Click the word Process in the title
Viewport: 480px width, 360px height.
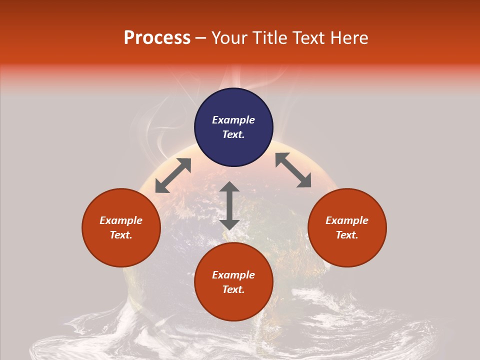[x=157, y=38]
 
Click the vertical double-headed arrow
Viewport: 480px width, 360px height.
[x=229, y=205]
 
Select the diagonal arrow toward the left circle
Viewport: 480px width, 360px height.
[x=173, y=175]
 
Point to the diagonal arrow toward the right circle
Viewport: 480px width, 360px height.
[x=293, y=170]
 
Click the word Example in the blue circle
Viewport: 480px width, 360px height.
[x=233, y=120]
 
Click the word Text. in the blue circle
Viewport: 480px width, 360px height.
[x=233, y=134]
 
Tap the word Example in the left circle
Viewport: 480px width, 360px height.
[x=121, y=220]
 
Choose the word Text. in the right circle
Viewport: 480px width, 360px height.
[x=347, y=235]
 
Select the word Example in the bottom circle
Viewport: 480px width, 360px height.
[x=233, y=275]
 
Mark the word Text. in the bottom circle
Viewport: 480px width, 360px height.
[x=233, y=289]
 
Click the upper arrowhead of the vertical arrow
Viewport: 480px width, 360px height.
[x=229, y=187]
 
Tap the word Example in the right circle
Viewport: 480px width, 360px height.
[x=347, y=220]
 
